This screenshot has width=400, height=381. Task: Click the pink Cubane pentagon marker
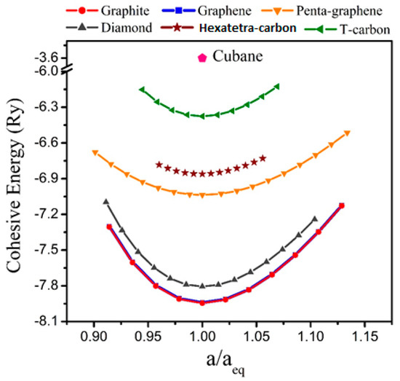(x=201, y=58)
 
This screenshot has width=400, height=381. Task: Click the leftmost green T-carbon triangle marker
(x=142, y=89)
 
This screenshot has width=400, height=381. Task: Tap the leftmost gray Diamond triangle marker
(x=106, y=201)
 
